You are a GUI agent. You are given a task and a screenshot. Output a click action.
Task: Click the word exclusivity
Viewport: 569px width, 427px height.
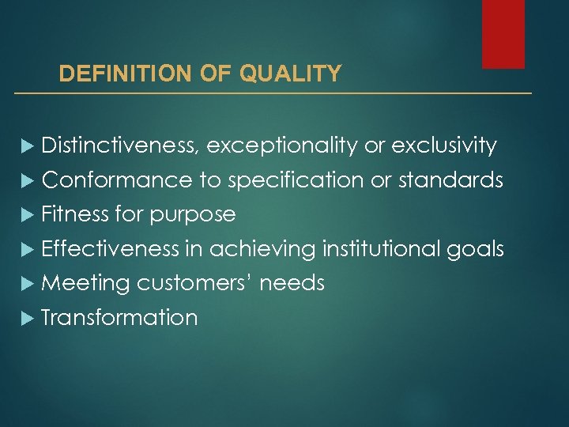(444, 145)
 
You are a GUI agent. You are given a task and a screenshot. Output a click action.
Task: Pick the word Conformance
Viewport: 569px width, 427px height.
(117, 180)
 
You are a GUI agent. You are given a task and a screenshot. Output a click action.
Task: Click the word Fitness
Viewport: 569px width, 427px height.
(75, 214)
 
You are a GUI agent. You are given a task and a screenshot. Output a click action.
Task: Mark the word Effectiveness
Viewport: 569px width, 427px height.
(111, 249)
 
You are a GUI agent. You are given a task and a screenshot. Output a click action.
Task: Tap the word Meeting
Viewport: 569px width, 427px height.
(85, 284)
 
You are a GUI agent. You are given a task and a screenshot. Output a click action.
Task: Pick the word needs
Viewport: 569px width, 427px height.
(292, 283)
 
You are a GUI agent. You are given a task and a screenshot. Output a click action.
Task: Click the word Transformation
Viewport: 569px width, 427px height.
(119, 318)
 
